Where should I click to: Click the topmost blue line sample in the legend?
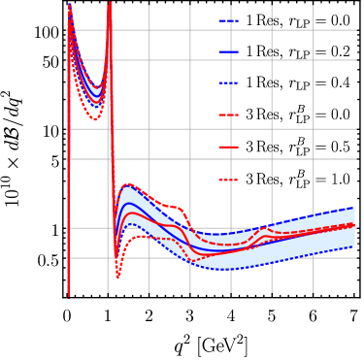[229, 20]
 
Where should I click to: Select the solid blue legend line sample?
[229, 51]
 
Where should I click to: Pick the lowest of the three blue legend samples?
[229, 83]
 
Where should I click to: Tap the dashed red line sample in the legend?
[229, 115]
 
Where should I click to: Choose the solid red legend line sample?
[229, 147]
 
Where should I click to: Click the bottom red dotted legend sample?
[229, 180]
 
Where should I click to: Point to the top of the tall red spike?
[110, 3]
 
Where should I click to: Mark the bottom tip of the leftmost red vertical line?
[68, 293]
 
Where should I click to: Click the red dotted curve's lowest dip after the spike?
[118, 277]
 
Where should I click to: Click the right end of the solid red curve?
[354, 226]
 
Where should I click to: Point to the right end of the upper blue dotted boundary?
[354, 208]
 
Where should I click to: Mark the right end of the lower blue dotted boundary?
[354, 246]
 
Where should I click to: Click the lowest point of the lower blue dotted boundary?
[225, 270]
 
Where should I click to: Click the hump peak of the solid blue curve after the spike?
[129, 204]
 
